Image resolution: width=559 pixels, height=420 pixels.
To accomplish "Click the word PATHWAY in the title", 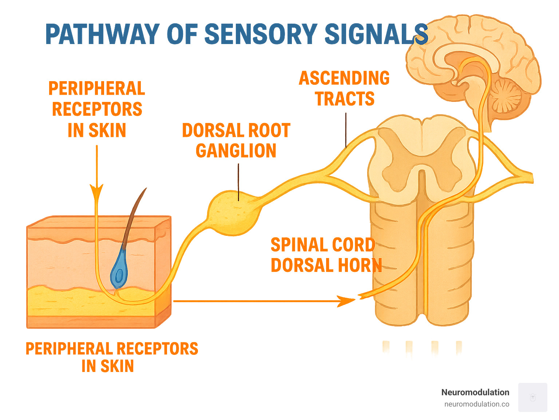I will [102, 35].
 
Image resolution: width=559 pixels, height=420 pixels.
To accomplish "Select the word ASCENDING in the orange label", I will [344, 78].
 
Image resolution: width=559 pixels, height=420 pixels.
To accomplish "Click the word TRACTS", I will [345, 99].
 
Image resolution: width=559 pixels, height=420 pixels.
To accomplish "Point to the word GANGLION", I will [236, 151].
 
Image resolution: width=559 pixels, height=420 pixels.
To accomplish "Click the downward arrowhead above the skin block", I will [96, 192].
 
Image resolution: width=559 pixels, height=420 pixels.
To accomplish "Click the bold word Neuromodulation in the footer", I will [475, 392].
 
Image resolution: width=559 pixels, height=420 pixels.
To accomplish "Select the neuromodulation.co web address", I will [476, 404].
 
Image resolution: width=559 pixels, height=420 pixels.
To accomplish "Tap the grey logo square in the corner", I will [532, 397].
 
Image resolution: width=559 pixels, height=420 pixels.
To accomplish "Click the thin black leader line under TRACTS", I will [346, 129].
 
